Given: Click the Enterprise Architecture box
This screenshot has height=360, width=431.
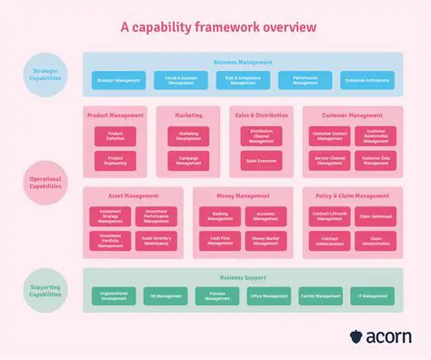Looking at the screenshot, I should (x=367, y=81).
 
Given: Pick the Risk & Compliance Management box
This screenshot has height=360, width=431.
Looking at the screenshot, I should (x=242, y=81).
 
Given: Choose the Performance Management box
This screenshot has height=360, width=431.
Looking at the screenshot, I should (x=305, y=81).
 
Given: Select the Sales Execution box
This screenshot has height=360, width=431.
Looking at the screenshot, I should (x=262, y=160).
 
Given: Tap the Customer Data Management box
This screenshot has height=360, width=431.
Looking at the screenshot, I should (x=376, y=161).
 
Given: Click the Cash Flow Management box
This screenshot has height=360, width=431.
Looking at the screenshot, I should (x=220, y=241).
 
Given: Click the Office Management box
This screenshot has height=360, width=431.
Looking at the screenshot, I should (x=268, y=296).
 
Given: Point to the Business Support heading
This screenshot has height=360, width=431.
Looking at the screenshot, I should (x=244, y=277).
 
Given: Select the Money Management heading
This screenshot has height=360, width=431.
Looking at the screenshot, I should (x=243, y=196).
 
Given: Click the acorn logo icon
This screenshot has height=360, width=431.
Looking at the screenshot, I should (x=356, y=337).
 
